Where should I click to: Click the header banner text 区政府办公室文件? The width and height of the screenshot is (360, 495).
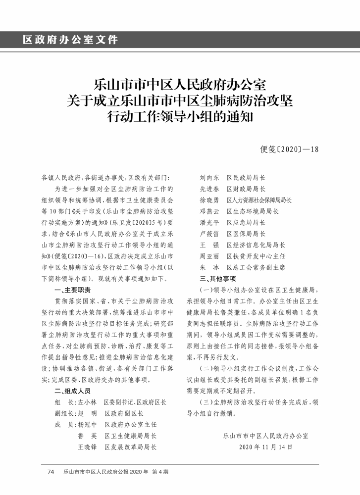point(70,40)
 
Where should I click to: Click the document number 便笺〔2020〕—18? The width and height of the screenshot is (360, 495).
point(290,148)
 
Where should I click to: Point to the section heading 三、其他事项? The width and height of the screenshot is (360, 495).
point(217,279)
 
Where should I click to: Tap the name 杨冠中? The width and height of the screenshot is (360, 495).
point(87,425)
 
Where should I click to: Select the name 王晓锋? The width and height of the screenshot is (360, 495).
point(87,447)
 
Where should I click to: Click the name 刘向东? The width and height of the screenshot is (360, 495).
point(209,177)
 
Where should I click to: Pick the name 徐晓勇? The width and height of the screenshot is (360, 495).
point(209,200)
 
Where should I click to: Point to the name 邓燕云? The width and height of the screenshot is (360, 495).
point(209,211)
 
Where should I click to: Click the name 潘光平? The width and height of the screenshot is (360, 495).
point(209,223)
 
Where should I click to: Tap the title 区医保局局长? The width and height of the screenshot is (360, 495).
point(246,234)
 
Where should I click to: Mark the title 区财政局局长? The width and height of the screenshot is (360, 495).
point(246,189)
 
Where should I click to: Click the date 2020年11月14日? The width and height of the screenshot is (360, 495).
point(265,447)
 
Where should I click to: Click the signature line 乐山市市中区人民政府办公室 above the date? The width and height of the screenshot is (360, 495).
point(265,436)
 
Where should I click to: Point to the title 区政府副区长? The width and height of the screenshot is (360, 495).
point(124,413)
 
